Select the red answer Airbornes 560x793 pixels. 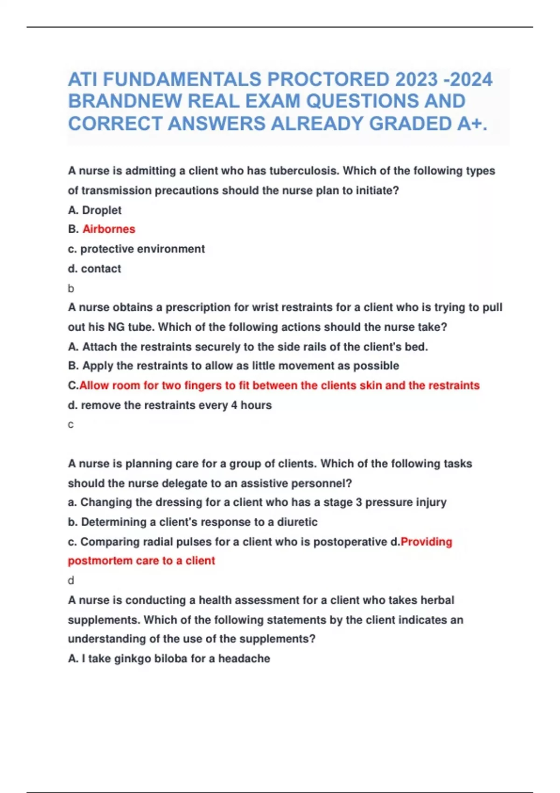point(109,229)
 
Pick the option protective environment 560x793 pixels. point(142,249)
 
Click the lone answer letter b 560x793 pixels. point(71,289)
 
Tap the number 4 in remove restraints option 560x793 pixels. point(234,405)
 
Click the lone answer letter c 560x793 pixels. point(71,425)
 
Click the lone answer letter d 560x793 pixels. point(71,581)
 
